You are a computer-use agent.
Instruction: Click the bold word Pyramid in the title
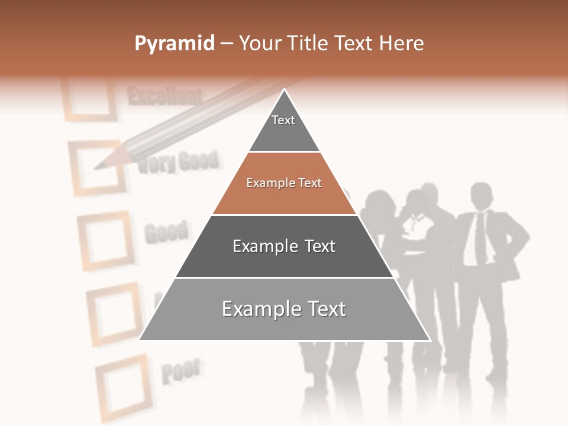pos(174,44)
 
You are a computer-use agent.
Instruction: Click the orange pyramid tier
pos(284,183)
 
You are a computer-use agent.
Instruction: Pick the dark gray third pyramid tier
pos(284,246)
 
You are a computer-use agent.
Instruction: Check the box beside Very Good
pos(99,167)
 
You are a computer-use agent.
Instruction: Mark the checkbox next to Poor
pos(122,380)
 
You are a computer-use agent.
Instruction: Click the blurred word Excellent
pos(164,96)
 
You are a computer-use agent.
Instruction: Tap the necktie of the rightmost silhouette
pos(480,237)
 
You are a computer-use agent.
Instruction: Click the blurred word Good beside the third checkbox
pos(167,233)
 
